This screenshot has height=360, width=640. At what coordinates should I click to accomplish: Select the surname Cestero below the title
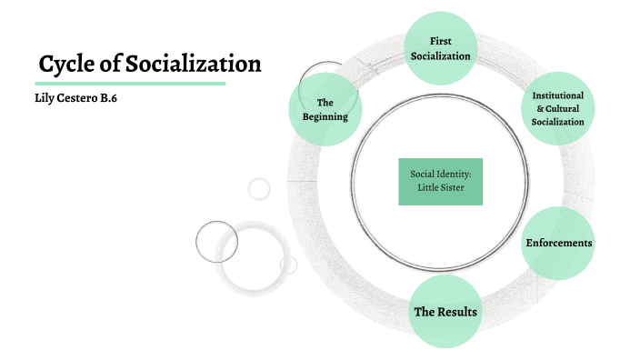81,98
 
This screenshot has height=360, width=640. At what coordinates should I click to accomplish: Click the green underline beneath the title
130,83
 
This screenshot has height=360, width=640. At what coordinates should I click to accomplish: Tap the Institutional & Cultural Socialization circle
558,108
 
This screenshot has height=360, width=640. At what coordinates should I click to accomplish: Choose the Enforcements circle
558,243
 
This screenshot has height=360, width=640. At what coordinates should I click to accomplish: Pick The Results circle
445,312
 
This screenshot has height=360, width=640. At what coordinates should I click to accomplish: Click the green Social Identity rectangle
439,181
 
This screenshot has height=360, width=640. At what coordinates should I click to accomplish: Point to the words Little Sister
439,188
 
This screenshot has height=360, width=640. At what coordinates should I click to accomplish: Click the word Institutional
559,95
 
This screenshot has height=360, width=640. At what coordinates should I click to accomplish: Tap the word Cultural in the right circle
564,108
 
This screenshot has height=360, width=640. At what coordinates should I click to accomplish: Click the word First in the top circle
440,41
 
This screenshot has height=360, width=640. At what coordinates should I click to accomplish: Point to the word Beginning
325,116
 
